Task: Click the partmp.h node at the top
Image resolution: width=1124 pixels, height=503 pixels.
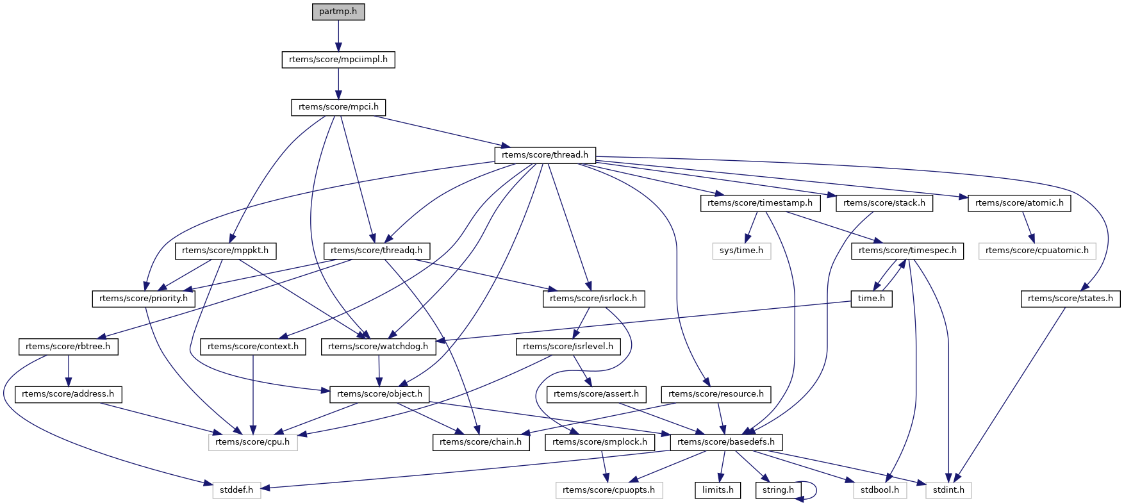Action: pos(338,12)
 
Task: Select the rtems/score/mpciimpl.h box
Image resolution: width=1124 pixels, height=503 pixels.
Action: pos(338,60)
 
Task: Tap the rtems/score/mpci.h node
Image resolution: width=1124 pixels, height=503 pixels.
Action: pos(338,107)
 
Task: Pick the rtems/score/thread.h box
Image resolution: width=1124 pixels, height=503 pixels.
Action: pos(545,155)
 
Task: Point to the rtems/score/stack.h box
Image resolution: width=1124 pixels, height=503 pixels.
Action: pos(884,203)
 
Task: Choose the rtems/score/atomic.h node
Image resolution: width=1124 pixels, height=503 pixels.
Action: pos(1019,203)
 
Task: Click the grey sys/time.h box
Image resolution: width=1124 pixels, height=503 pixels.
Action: pos(741,251)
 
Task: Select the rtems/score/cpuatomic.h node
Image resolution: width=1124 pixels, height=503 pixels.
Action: pos(1037,251)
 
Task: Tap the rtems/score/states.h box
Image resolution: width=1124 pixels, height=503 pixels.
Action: pos(1070,299)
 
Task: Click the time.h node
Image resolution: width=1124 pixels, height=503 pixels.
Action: pos(872,299)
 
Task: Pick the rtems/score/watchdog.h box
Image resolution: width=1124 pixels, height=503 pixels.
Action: pos(378,347)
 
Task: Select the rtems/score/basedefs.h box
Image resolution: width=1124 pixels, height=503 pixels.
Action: pos(726,442)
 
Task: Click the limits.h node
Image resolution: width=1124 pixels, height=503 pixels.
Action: pos(718,490)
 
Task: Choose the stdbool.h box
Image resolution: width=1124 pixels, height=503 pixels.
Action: pos(880,490)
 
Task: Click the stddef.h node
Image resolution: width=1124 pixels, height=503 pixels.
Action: pos(236,490)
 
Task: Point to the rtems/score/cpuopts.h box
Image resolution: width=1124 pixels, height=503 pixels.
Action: pos(609,490)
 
